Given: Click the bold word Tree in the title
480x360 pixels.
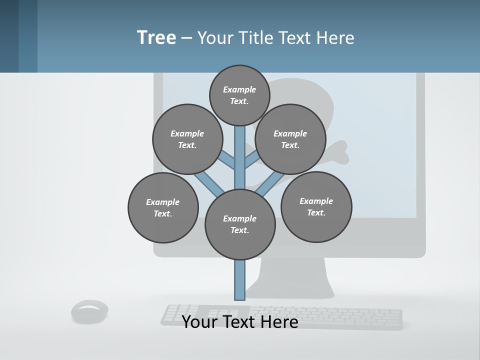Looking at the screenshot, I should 156,38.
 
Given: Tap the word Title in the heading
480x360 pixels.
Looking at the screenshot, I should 255,38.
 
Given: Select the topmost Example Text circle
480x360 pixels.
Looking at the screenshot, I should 239,95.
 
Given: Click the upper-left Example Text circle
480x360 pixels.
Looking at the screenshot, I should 187,139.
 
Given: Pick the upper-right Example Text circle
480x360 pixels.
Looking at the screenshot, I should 290,139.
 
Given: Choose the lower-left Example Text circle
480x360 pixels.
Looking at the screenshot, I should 163,208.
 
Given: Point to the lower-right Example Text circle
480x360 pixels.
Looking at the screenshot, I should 316,207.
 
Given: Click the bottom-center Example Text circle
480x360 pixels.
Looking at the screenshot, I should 240,224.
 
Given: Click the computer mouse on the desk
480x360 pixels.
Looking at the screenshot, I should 90,310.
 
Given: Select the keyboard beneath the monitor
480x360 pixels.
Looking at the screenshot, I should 350,317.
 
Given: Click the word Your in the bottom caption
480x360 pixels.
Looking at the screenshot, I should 200,322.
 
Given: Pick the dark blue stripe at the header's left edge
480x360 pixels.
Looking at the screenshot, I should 9,36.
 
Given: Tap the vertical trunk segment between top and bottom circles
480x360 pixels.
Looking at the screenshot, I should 240,157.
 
